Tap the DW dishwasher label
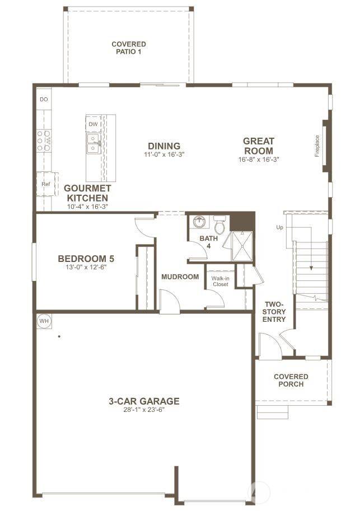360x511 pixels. [93, 124]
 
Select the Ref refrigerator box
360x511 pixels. [45, 184]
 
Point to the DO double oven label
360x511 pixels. [44, 99]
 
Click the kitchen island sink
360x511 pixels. [93, 144]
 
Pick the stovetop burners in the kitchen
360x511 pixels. [44, 141]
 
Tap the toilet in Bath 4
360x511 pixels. [219, 226]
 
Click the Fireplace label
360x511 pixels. [317, 146]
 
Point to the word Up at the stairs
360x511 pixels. [279, 227]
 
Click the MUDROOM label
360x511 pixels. [180, 276]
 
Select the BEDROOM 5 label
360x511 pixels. [86, 259]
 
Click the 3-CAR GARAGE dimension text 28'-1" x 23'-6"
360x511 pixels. [144, 410]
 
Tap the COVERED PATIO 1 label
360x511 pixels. [129, 48]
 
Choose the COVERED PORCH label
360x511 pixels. [291, 380]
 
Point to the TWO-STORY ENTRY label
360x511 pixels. [274, 311]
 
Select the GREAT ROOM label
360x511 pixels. [258, 146]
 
